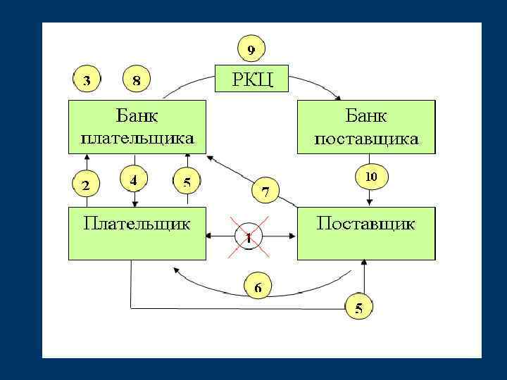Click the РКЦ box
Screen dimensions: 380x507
pyautogui.click(x=251, y=77)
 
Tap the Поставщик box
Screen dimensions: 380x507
pyautogui.click(x=366, y=232)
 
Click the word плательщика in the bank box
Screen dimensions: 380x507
pyautogui.click(x=137, y=138)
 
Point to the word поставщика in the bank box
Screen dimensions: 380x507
pyautogui.click(x=366, y=139)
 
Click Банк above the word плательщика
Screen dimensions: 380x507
pyautogui.click(x=137, y=115)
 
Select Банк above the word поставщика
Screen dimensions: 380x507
pyautogui.click(x=366, y=115)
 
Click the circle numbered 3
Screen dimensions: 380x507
pyautogui.click(x=87, y=80)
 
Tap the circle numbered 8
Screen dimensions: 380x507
pyautogui.click(x=137, y=80)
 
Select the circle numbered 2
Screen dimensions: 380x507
pyautogui.click(x=86, y=186)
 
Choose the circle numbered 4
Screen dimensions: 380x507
pyautogui.click(x=134, y=180)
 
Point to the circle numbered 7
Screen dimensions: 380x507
pyautogui.click(x=265, y=191)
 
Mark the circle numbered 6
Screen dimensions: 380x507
pyautogui.click(x=258, y=287)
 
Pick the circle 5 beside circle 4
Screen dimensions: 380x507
pyautogui.click(x=187, y=183)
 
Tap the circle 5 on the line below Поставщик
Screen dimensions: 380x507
pyautogui.click(x=359, y=307)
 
